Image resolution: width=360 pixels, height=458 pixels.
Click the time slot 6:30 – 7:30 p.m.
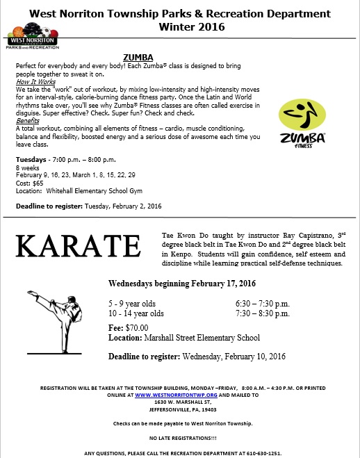coord(263,304)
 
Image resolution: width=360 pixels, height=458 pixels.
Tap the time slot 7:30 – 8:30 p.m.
coord(263,313)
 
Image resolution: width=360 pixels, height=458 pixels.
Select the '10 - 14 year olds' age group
coord(136,313)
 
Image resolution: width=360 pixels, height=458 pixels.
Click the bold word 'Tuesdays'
coord(32,159)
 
